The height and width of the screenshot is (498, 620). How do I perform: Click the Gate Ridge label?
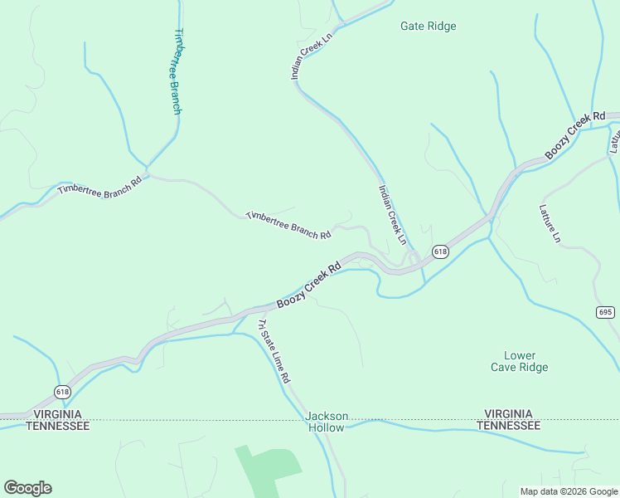pos(428,27)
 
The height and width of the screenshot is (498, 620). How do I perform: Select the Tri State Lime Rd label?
pos(274,350)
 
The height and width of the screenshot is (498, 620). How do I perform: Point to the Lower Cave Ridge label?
pos(520,361)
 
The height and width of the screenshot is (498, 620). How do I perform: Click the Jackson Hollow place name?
pos(327,422)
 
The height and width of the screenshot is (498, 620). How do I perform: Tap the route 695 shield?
pos(605,311)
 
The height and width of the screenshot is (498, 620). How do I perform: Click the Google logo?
pos(27,488)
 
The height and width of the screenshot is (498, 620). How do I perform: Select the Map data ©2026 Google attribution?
pos(568,491)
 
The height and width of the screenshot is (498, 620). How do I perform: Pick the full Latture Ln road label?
pos(550,223)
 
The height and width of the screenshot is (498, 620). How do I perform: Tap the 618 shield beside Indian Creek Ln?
pos(440,251)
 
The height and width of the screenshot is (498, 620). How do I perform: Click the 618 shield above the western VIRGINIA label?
pos(64,391)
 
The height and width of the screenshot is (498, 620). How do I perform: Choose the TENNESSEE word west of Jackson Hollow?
pos(56,425)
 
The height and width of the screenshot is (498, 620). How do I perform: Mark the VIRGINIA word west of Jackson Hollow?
pos(56,413)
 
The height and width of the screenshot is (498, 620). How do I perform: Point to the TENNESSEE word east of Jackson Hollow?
pos(509,425)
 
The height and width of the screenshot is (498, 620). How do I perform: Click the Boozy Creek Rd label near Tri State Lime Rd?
pos(308,286)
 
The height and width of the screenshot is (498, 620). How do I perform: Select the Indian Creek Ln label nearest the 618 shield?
pos(393,214)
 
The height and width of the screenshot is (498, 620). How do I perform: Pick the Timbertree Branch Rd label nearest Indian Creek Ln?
pos(288,226)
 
